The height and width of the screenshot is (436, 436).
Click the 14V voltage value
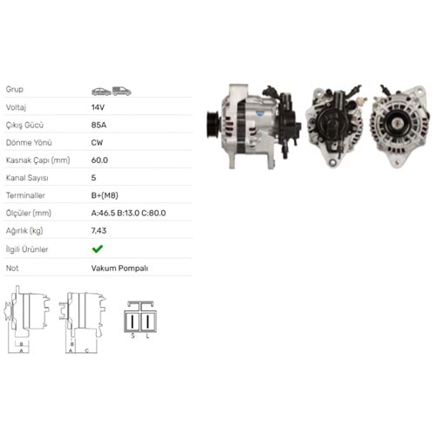pyautogui.click(x=98, y=107)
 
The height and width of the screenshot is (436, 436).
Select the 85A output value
pyautogui.click(x=99, y=125)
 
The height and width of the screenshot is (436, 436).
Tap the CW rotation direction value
pyautogui.click(x=97, y=143)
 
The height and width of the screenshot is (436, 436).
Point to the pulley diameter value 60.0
pyautogui.click(x=99, y=160)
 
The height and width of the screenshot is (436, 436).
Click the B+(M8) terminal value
pyautogui.click(x=105, y=195)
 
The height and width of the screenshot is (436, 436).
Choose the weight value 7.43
pyautogui.click(x=99, y=231)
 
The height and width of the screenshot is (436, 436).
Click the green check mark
pyautogui.click(x=98, y=249)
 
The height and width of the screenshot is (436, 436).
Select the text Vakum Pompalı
pyautogui.click(x=119, y=269)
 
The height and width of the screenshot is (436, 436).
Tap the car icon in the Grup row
pyautogui.click(x=101, y=92)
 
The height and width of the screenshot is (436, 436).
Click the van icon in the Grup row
pyautogui.click(x=122, y=92)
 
